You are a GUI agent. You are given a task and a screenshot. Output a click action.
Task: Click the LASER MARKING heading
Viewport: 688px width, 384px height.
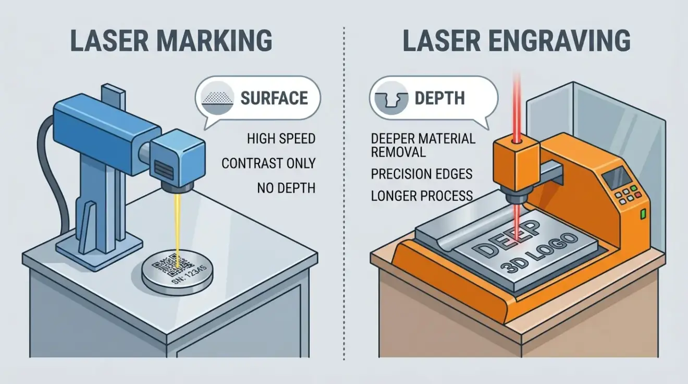[x=170, y=40]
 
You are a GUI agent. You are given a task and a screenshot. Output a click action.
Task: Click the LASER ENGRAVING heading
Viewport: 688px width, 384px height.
[x=517, y=40]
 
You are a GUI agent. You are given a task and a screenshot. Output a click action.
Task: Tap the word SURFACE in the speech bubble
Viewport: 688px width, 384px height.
[x=274, y=98]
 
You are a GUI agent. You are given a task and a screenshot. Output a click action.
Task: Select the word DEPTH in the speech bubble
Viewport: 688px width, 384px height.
[x=439, y=98]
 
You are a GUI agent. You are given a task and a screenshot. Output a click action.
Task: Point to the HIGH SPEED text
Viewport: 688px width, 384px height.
[x=281, y=139]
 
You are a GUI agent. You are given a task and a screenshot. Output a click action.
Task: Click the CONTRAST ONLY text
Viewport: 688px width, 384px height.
[x=268, y=163]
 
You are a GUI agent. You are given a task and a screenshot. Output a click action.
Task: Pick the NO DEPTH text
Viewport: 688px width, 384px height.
[x=286, y=188]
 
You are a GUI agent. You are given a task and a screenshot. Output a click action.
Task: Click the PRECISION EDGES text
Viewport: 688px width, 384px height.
[x=422, y=174]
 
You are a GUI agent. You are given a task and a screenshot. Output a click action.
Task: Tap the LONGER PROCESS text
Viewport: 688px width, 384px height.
[x=422, y=196]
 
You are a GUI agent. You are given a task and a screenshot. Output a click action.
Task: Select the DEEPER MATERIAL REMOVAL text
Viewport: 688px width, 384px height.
[x=423, y=145]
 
